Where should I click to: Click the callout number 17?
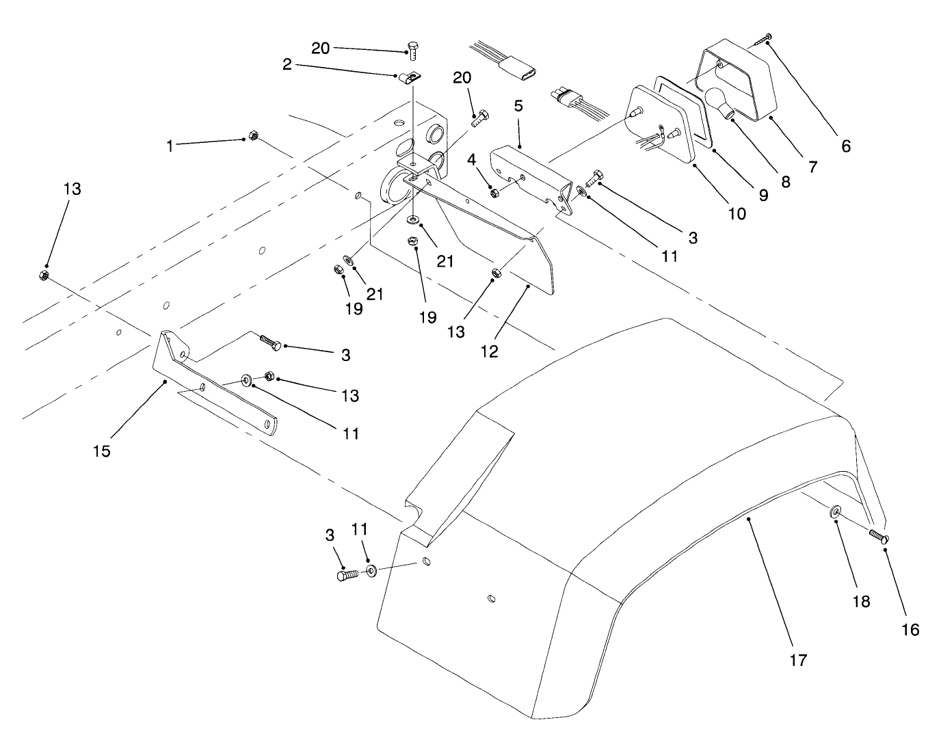click(x=798, y=660)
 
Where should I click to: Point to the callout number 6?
click(x=846, y=146)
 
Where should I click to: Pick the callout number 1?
click(x=170, y=146)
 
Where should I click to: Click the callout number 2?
click(x=287, y=65)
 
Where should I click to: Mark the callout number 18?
click(x=860, y=601)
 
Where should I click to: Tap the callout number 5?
click(x=518, y=106)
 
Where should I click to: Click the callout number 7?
click(x=812, y=165)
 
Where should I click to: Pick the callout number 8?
click(x=785, y=181)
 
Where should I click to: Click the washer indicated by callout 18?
click(x=836, y=512)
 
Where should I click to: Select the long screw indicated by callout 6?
click(x=759, y=40)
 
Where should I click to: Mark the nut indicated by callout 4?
click(x=495, y=193)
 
